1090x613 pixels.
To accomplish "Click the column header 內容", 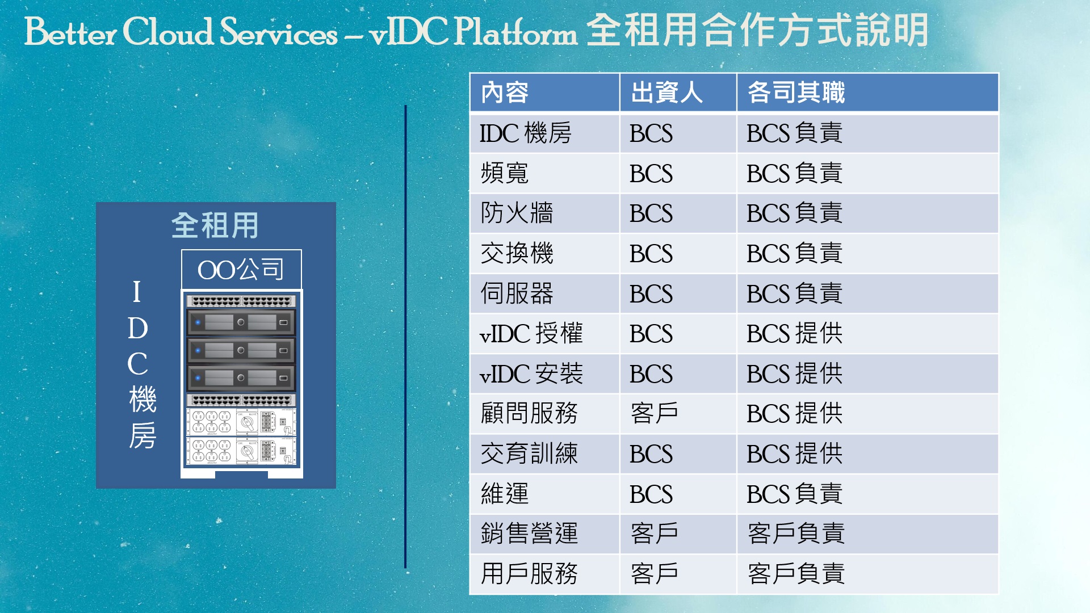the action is point(504,93).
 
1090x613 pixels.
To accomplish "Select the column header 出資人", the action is point(666,93).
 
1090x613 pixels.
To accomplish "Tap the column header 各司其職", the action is point(796,93).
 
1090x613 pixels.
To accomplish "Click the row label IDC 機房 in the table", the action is point(525,133).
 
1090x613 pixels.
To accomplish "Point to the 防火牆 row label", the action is point(517,213).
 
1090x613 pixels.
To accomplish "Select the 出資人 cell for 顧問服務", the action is point(654,413).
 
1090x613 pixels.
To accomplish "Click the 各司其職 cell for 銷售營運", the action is point(796,534).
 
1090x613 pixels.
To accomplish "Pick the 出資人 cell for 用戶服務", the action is point(654,574).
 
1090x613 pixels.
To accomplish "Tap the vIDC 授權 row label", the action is point(531,333).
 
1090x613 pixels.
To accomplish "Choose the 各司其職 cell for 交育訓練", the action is point(794,454).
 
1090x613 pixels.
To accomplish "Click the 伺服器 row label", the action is point(517,293).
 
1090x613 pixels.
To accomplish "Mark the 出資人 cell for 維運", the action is point(651,494).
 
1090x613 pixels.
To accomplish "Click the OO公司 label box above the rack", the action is point(241,269).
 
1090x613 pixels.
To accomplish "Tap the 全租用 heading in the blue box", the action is point(215,225).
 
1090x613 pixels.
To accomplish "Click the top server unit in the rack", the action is point(241,322).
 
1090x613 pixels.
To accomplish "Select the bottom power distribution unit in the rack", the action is point(241,451).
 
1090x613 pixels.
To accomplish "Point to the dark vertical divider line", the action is point(405,337).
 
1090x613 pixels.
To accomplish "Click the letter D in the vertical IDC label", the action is point(138,328).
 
